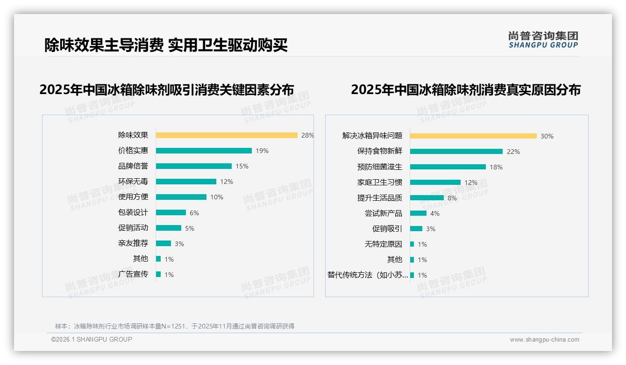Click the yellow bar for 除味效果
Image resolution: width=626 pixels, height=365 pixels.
click(x=227, y=135)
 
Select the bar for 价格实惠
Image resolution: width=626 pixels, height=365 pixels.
click(x=204, y=151)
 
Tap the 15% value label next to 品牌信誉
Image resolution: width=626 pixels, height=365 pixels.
click(x=242, y=166)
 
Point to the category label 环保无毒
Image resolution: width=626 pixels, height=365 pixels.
click(x=133, y=181)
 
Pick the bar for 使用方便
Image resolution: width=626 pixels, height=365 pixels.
click(x=181, y=197)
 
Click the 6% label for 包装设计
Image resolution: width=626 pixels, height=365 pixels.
click(x=194, y=213)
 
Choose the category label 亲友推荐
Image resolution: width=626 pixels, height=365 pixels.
click(x=133, y=243)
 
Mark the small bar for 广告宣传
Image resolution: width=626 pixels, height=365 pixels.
click(x=158, y=274)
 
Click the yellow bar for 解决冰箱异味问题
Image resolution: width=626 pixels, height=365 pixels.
click(x=473, y=136)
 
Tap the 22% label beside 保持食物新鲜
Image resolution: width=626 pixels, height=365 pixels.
click(x=513, y=152)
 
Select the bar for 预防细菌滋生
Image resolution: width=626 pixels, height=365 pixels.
click(x=448, y=167)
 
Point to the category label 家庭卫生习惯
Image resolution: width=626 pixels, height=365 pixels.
click(x=379, y=182)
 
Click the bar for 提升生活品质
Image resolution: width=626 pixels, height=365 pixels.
click(x=427, y=198)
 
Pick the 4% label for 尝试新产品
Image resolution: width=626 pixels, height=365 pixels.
click(x=435, y=213)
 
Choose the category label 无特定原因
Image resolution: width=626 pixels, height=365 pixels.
click(x=383, y=244)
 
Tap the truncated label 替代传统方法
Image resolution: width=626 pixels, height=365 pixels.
click(x=368, y=275)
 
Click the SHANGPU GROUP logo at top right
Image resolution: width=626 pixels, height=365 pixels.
click(x=543, y=39)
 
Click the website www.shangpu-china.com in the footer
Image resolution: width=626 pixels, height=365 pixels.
click(x=544, y=340)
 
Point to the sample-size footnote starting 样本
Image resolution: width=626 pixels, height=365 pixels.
click(x=175, y=326)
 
